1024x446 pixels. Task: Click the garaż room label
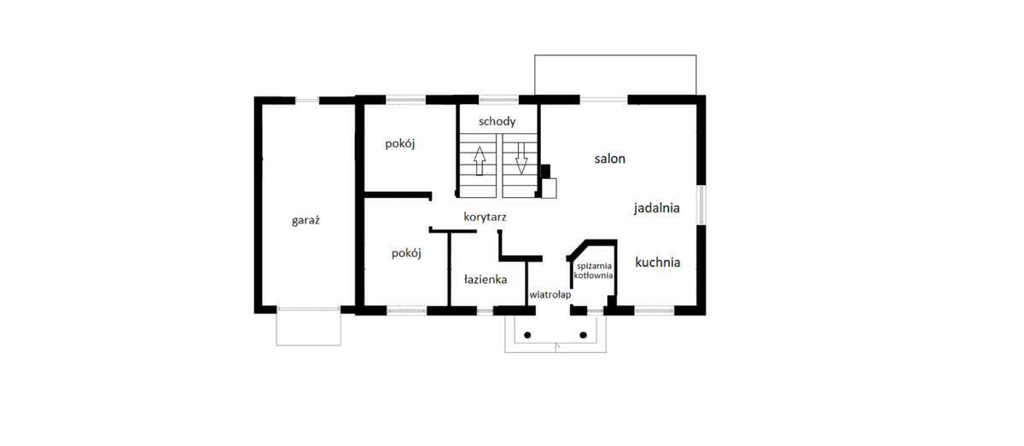(x=305, y=220)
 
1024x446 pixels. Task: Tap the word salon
(x=610, y=159)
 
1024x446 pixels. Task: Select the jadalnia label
(x=656, y=207)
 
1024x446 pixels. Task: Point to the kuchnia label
(x=657, y=263)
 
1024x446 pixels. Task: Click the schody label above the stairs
(x=497, y=122)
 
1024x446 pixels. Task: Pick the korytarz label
(x=485, y=217)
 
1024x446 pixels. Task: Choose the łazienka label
(x=486, y=279)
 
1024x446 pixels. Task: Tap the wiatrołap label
(x=550, y=294)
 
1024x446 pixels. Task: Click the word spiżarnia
(x=593, y=266)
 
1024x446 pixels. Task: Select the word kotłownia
(x=593, y=275)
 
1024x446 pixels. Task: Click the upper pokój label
(x=399, y=143)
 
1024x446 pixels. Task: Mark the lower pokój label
(x=406, y=252)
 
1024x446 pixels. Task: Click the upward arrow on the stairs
(x=479, y=159)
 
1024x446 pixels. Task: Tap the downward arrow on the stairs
(x=521, y=159)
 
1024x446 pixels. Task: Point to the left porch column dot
(x=527, y=334)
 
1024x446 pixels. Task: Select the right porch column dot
(x=583, y=334)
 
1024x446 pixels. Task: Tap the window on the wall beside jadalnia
(x=701, y=206)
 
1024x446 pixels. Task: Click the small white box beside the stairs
(x=550, y=187)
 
